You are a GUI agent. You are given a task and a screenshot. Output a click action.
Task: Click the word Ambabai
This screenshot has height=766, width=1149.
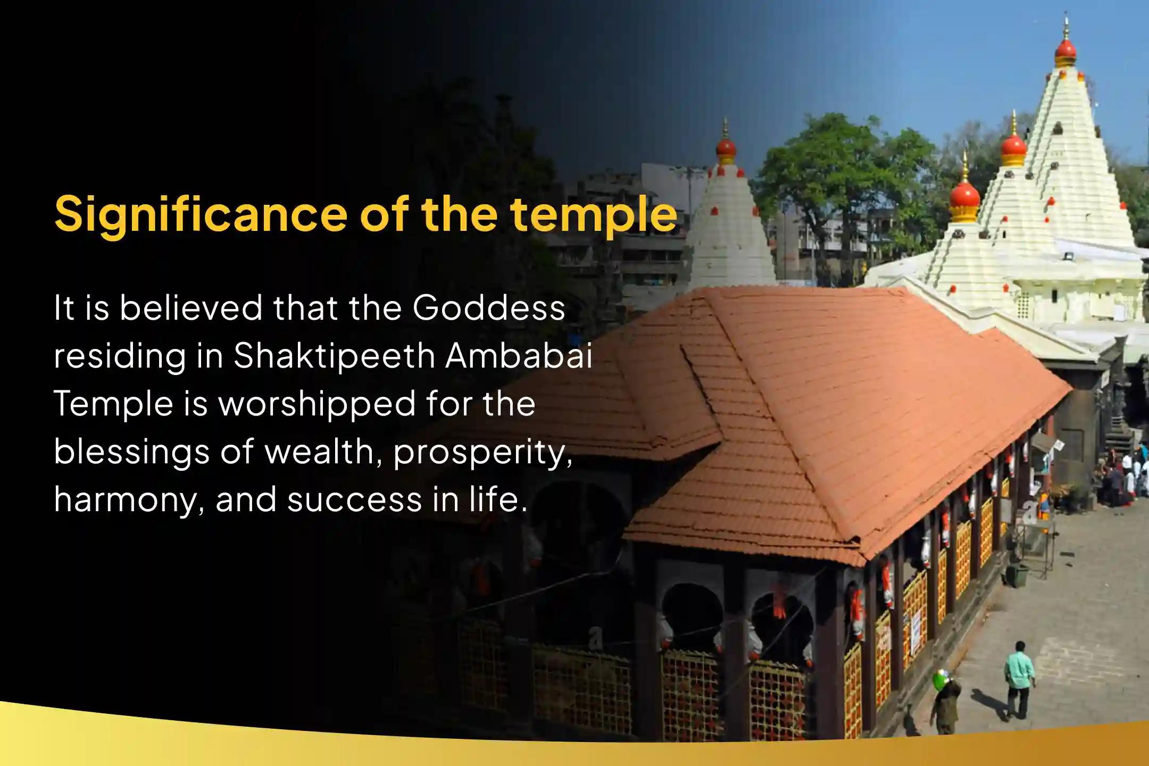pyautogui.click(x=519, y=355)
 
